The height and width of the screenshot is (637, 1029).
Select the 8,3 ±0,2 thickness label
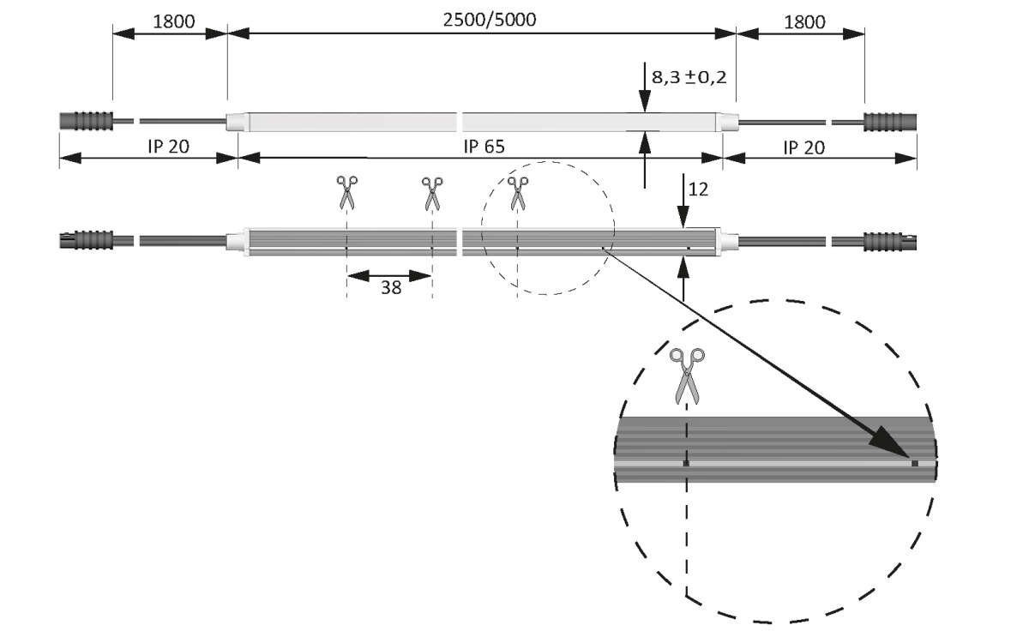tap(689, 77)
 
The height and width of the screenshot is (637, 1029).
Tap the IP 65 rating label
tap(484, 147)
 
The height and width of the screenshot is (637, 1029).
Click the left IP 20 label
tap(167, 147)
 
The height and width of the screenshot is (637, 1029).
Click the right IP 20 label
tap(803, 147)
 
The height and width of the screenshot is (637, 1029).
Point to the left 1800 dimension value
tap(173, 21)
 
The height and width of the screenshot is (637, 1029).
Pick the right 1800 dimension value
tap(804, 21)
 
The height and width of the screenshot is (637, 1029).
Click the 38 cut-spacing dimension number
tap(391, 288)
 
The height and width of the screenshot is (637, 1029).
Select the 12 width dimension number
tap(699, 189)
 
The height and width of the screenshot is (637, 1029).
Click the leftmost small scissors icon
tap(346, 192)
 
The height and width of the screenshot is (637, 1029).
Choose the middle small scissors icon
tap(432, 192)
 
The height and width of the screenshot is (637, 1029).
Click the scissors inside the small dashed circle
tap(517, 192)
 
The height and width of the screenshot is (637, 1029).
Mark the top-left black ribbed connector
tap(86, 121)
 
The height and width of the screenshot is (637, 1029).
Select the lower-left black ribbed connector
tap(86, 240)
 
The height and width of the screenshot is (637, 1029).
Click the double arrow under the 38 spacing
tap(389, 275)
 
